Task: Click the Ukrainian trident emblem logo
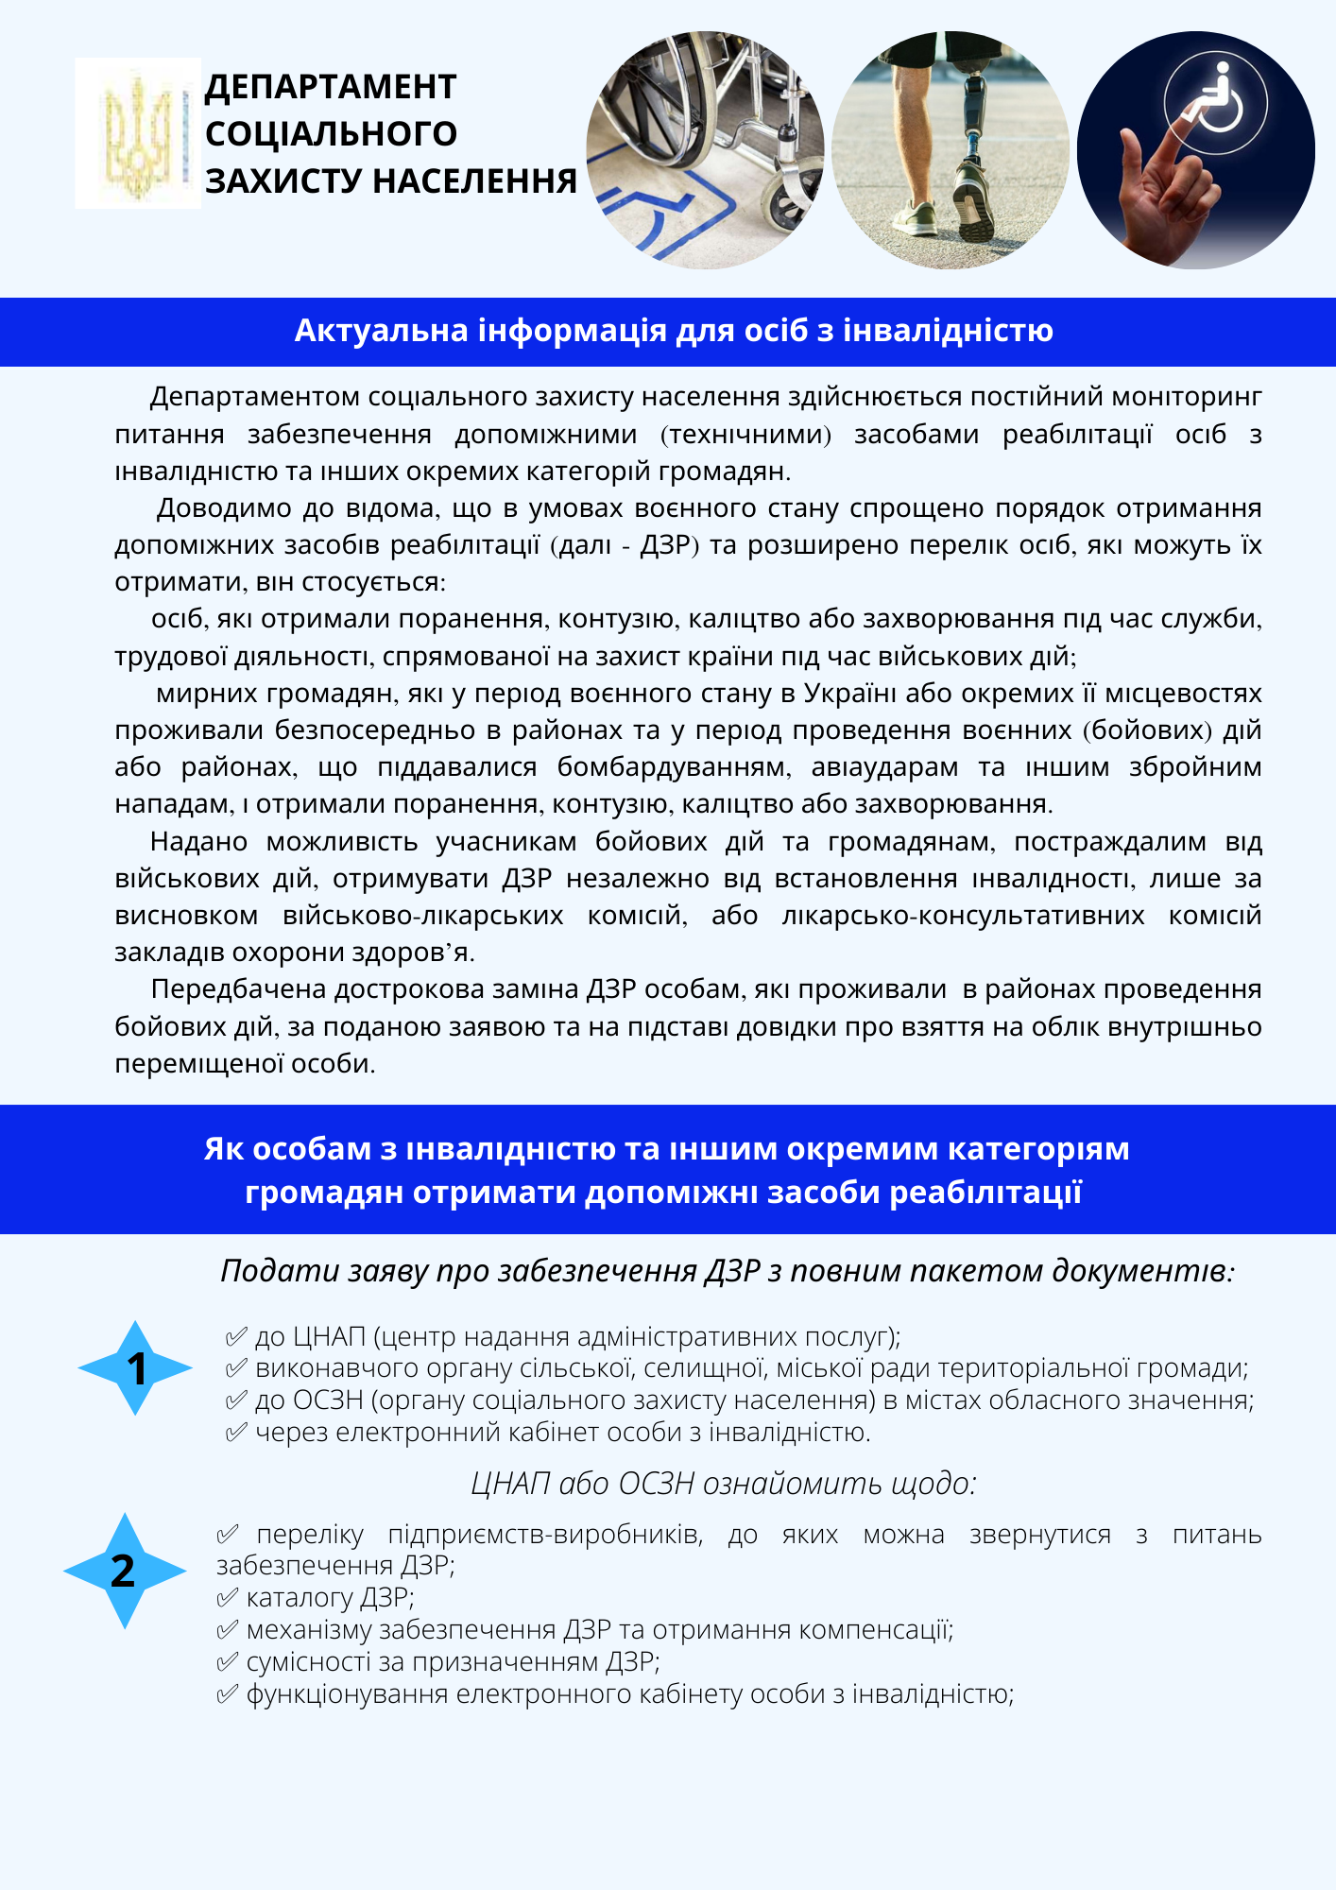138,133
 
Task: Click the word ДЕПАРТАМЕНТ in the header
331,87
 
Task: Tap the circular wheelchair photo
705,150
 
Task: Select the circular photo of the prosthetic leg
951,150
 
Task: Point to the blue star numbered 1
136,1367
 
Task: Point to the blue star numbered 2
124,1571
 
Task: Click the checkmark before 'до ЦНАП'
236,1337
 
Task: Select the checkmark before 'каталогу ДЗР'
227,1598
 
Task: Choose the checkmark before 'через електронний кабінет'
236,1433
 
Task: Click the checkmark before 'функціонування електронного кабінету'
227,1694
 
